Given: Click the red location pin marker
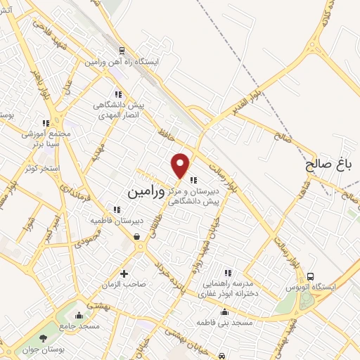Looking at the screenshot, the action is pyautogui.click(x=181, y=165).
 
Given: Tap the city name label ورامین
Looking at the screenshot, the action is pyautogui.click(x=147, y=191).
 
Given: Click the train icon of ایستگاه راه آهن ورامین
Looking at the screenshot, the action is pyautogui.click(x=122, y=51).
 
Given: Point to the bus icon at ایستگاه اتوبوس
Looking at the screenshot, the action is pyautogui.click(x=311, y=276).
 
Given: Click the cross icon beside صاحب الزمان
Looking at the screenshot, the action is pyautogui.click(x=124, y=274).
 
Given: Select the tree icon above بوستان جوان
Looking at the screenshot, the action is pyautogui.click(x=46, y=340).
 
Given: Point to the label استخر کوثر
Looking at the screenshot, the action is pyautogui.click(x=40, y=168).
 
